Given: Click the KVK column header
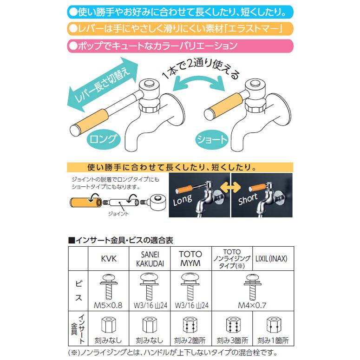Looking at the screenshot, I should click(x=108, y=259).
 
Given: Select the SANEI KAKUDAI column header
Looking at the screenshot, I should click(x=150, y=259).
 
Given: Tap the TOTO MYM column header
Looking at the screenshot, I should click(x=190, y=259).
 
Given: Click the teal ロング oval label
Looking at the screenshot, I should click(x=103, y=139).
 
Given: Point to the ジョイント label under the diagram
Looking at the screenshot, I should click(x=118, y=214).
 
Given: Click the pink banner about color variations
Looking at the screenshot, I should click(x=180, y=46).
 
